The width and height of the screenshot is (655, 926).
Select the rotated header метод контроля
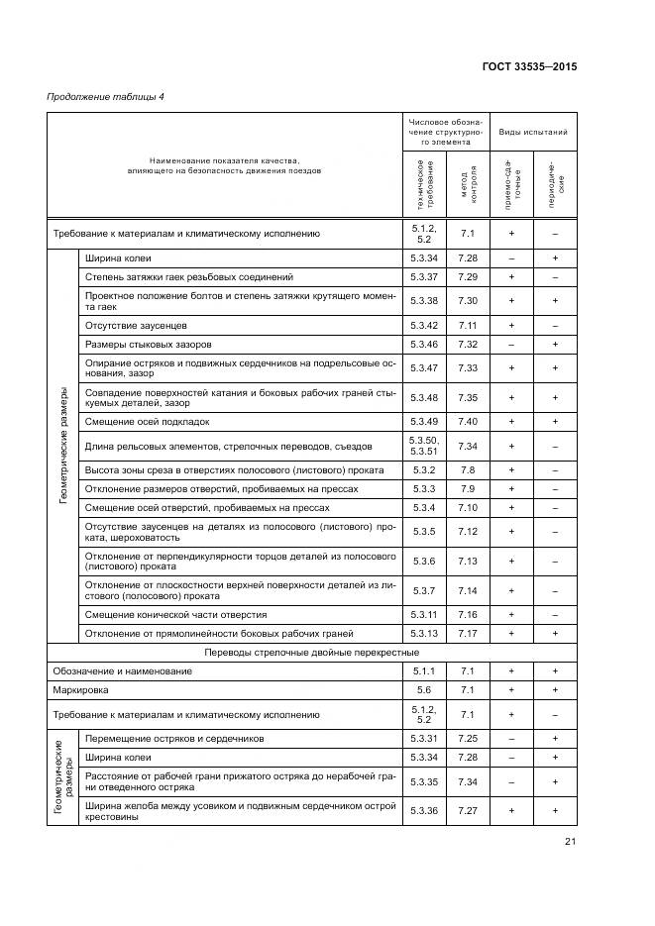click(469, 183)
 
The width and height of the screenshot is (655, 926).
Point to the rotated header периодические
click(556, 183)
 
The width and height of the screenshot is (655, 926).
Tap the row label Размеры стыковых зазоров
click(149, 344)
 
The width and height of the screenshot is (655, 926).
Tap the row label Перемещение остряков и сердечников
click(175, 739)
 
